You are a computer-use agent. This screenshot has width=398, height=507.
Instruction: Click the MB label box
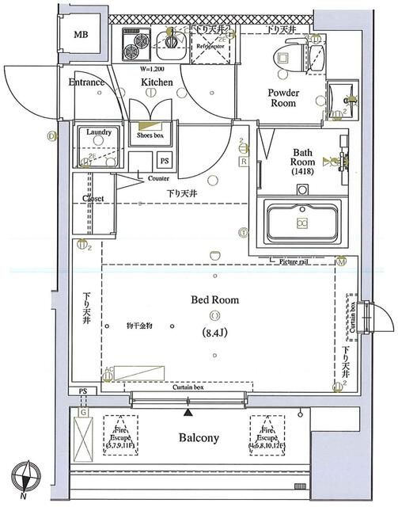click(x=82, y=36)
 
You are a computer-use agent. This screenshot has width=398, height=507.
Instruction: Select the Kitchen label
click(x=157, y=82)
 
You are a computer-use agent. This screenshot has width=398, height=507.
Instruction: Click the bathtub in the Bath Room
click(x=301, y=223)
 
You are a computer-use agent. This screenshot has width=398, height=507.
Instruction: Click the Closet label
click(x=93, y=199)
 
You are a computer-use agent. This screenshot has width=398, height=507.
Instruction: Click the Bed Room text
click(x=214, y=300)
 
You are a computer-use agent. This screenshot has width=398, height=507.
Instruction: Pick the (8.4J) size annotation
click(x=215, y=332)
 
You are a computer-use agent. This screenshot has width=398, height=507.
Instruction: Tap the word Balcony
click(x=199, y=437)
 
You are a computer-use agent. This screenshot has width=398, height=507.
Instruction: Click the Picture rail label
click(x=299, y=261)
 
